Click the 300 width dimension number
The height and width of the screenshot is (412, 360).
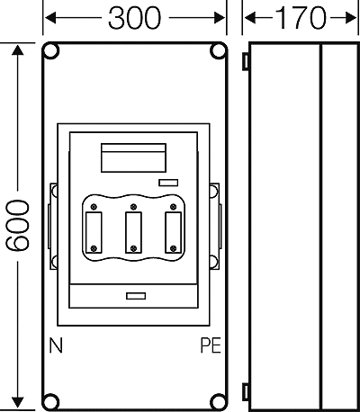134,18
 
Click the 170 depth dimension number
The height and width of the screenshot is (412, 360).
300,18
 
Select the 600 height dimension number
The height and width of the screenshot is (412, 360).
18,226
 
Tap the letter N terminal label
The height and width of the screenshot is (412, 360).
56,345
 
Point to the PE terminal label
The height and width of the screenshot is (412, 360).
211,345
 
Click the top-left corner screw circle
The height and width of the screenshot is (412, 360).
51,51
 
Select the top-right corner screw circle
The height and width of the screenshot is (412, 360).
218,51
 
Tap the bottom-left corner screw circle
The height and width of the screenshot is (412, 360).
51,401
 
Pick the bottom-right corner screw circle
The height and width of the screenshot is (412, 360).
218,401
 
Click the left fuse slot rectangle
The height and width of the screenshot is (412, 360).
94,232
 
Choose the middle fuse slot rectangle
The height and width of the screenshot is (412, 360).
133,232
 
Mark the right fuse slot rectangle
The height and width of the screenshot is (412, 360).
173,232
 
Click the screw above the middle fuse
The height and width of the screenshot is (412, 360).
134,207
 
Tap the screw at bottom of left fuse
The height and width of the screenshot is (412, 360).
94,248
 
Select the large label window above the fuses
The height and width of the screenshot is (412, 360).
133,157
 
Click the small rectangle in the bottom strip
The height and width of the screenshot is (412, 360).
136,296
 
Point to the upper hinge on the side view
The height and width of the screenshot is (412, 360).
246,61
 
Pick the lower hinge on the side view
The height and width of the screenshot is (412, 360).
246,392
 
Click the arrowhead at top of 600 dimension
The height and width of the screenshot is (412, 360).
18,50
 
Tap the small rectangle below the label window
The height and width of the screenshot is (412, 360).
168,183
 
